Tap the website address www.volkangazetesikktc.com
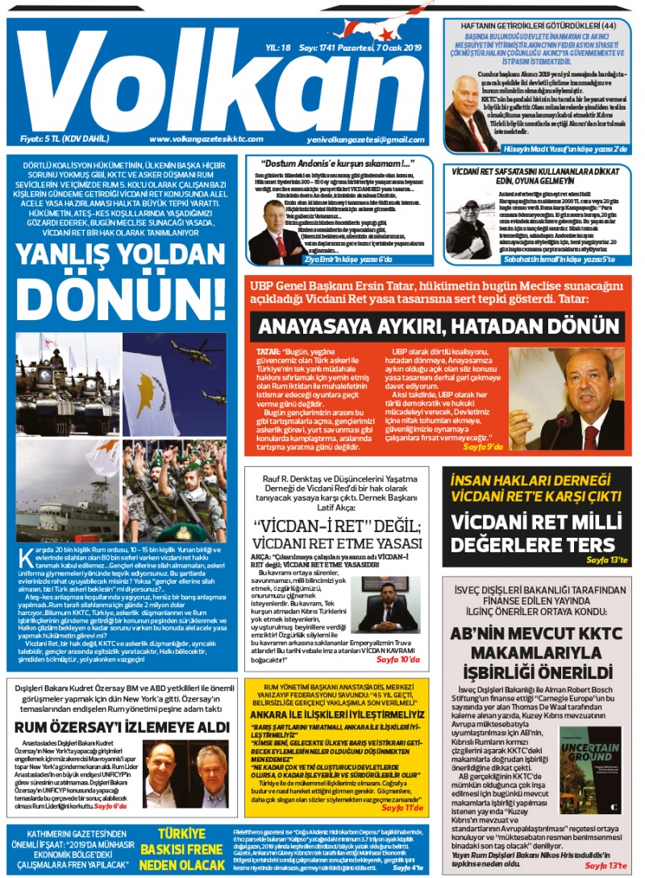(207, 139)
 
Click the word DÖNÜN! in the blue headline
(124, 298)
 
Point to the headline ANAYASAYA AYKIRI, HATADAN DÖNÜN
(432, 327)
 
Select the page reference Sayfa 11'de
(402, 806)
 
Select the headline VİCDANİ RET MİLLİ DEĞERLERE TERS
(533, 532)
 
